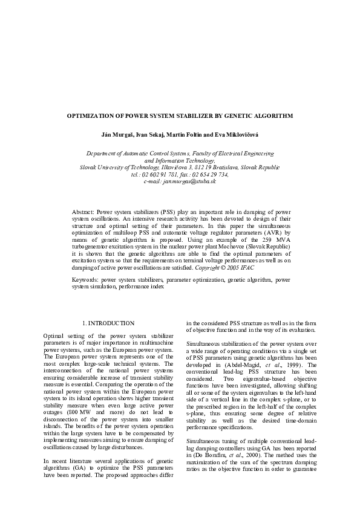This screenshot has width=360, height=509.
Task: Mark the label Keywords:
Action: click(x=85, y=280)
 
